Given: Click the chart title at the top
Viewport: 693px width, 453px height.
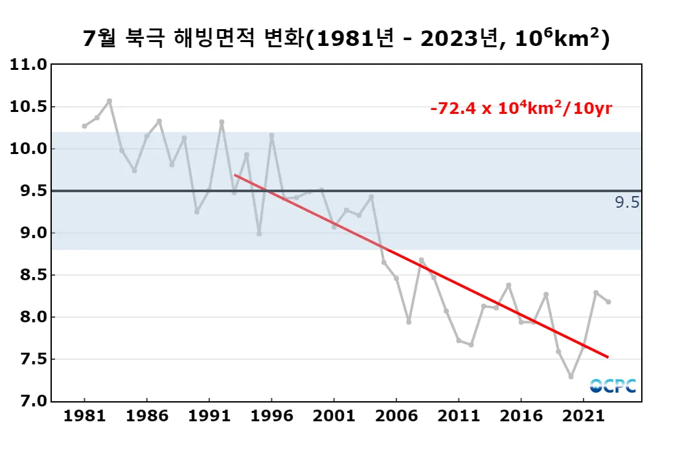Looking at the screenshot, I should click(346, 38).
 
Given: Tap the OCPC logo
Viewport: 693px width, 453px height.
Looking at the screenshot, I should click(613, 386).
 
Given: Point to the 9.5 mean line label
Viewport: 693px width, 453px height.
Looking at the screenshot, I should click(627, 203).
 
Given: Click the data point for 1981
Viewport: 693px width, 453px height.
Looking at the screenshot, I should click(84, 126).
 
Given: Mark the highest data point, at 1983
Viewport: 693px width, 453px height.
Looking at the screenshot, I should click(109, 101).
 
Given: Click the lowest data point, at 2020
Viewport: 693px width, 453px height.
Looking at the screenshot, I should click(571, 377).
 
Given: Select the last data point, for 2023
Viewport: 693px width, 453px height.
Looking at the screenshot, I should click(608, 302).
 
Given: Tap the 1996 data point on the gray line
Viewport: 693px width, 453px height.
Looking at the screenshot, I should click(271, 135).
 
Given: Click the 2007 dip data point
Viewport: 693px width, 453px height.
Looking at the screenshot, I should click(409, 322).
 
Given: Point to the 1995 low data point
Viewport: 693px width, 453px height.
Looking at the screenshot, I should click(259, 234).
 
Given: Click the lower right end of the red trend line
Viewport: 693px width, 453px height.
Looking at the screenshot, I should click(607, 357).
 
